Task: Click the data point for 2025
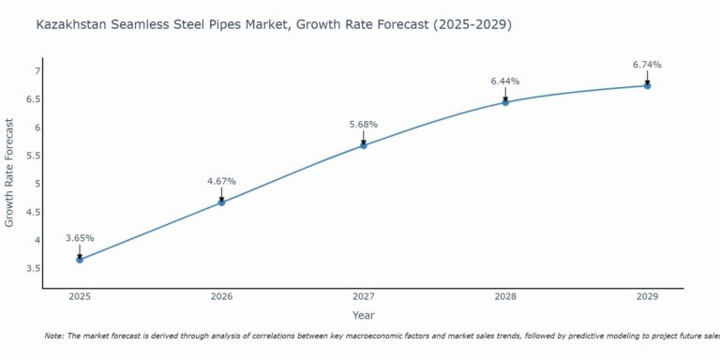pyautogui.click(x=80, y=259)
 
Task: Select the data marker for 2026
pyautogui.click(x=221, y=202)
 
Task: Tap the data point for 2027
pyautogui.click(x=364, y=145)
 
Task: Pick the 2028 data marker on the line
pyautogui.click(x=505, y=101)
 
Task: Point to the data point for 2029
pyautogui.click(x=647, y=85)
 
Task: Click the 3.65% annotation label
pyautogui.click(x=80, y=238)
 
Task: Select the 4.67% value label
pyautogui.click(x=221, y=181)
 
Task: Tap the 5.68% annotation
pyautogui.click(x=364, y=125)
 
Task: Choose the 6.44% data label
pyautogui.click(x=505, y=82)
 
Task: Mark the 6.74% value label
pyautogui.click(x=647, y=65)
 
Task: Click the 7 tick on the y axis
pyautogui.click(x=37, y=71)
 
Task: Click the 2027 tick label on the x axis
pyautogui.click(x=364, y=296)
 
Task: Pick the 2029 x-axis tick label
pyautogui.click(x=647, y=296)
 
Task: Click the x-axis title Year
pyautogui.click(x=363, y=315)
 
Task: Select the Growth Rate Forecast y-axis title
pyautogui.click(x=10, y=172)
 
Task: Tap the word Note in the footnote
pyautogui.click(x=55, y=336)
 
